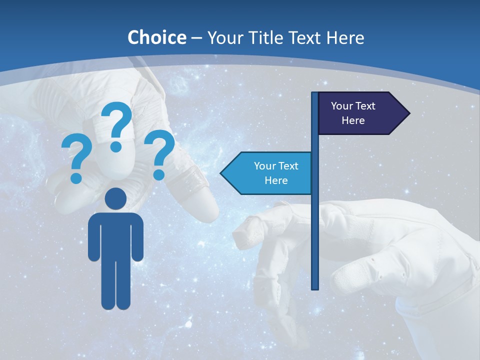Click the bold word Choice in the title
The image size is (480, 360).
[156, 37]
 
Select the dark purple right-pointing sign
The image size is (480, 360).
[357, 113]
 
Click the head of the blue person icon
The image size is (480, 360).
[116, 198]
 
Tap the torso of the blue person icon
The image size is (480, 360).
[116, 235]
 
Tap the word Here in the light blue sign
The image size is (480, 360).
[276, 180]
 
